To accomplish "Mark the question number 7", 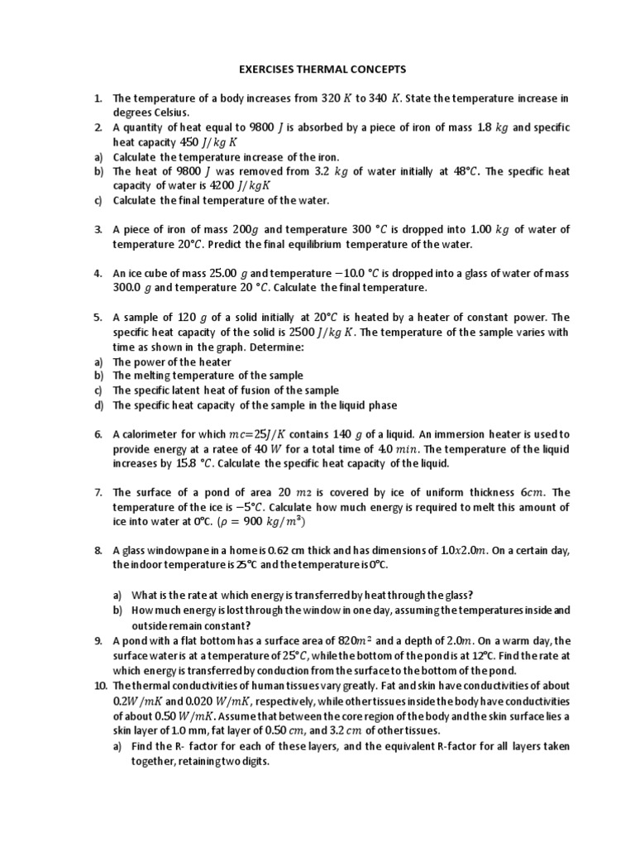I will [97, 492].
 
